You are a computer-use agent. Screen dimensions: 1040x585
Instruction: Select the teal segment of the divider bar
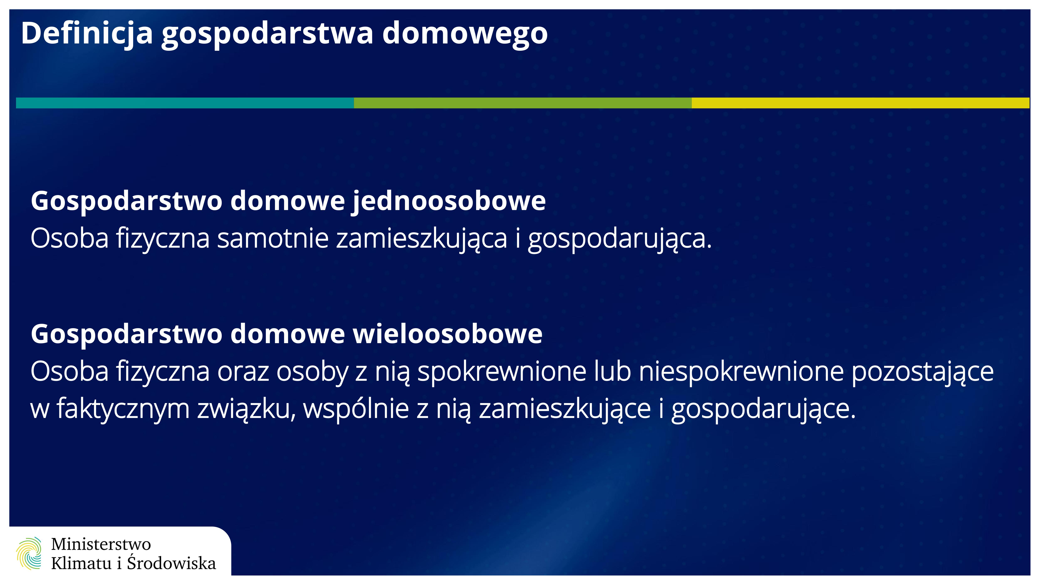pos(185,103)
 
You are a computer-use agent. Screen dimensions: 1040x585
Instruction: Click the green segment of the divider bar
pos(523,103)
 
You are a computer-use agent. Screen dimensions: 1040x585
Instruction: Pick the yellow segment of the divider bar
pos(860,103)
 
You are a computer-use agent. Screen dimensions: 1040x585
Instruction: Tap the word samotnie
pos(273,238)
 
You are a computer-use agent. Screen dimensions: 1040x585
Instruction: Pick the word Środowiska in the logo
pos(172,562)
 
